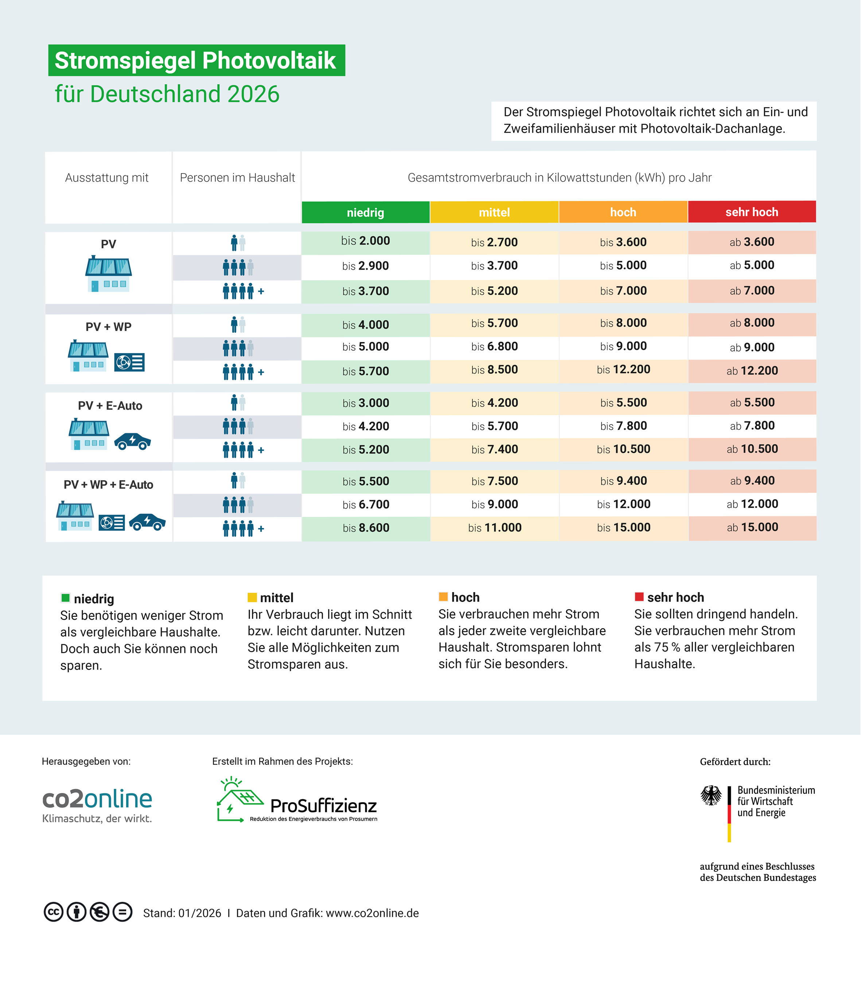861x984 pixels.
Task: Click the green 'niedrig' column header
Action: click(365, 212)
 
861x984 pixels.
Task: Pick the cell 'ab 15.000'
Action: click(752, 527)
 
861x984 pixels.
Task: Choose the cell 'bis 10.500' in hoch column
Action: click(623, 449)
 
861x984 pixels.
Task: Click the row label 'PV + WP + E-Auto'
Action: click(108, 485)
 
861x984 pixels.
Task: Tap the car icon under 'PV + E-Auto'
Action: click(133, 441)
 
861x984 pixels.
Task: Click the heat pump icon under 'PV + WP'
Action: click(129, 362)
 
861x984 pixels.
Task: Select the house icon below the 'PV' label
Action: click(109, 275)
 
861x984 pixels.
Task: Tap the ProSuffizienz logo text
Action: click(323, 806)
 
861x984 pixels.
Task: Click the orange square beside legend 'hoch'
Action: click(443, 597)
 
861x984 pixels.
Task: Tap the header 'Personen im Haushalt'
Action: click(237, 178)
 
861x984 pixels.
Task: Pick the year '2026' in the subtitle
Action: click(253, 94)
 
